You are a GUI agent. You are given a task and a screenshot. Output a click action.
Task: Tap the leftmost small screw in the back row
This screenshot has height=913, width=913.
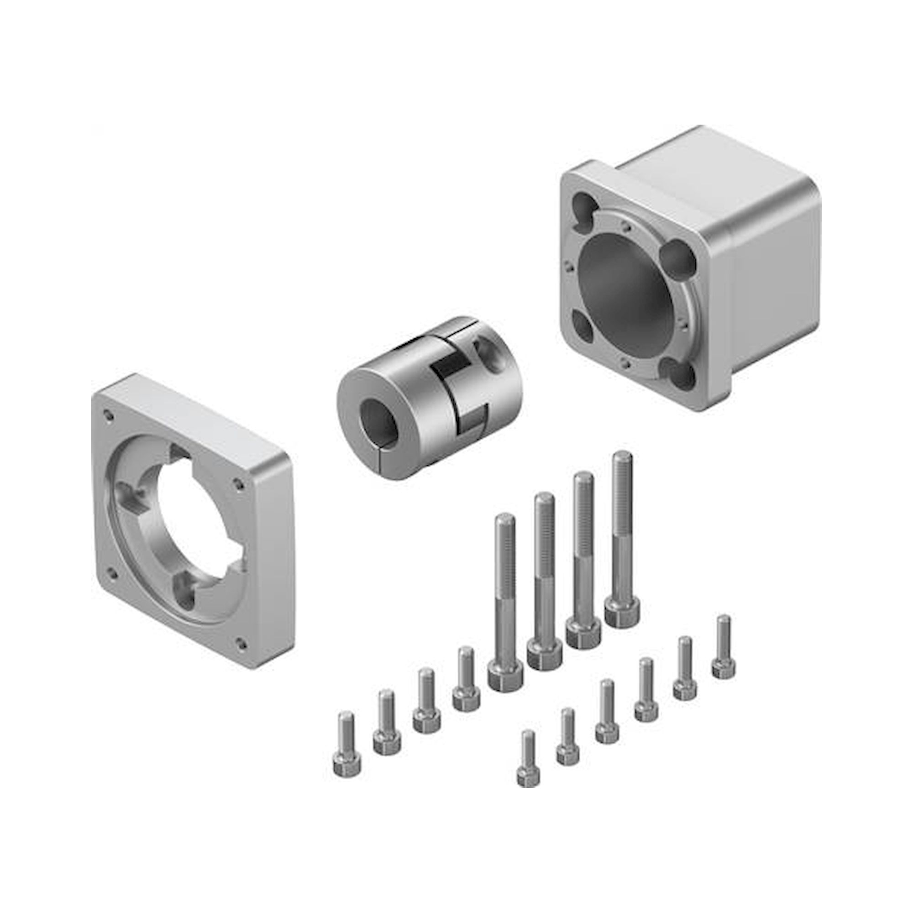(x=347, y=747)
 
